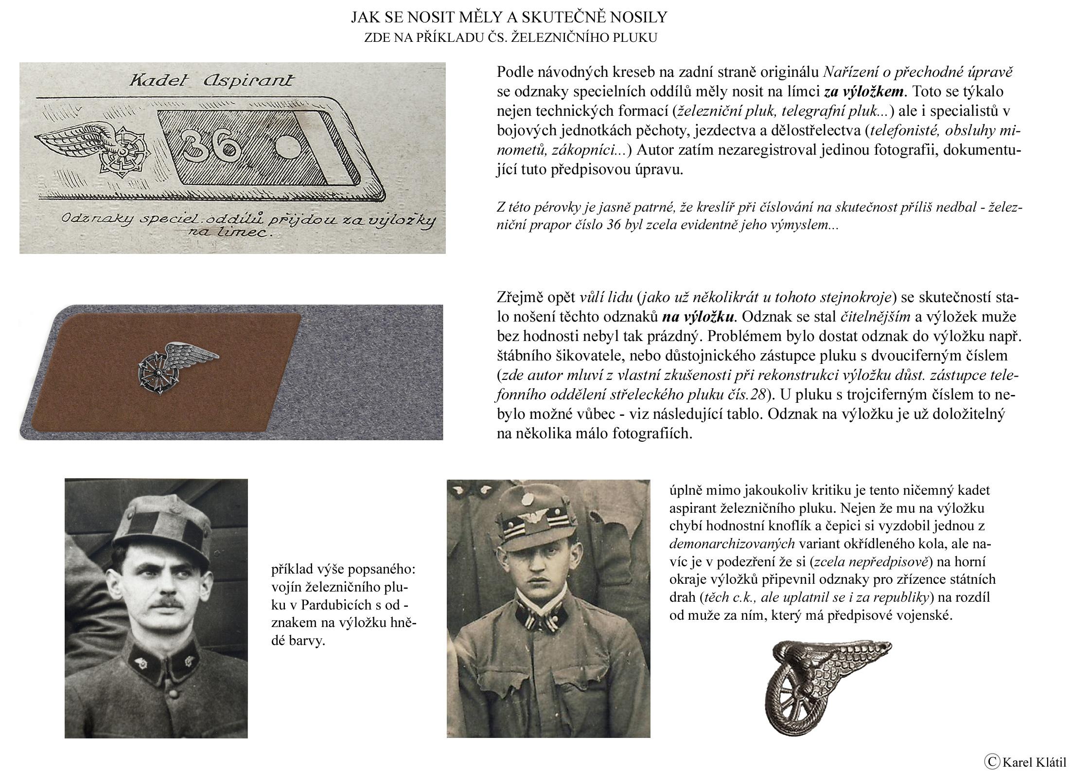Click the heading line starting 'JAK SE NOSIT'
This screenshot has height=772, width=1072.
510,18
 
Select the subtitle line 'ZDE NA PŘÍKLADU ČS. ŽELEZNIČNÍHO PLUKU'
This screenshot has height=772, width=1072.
510,38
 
